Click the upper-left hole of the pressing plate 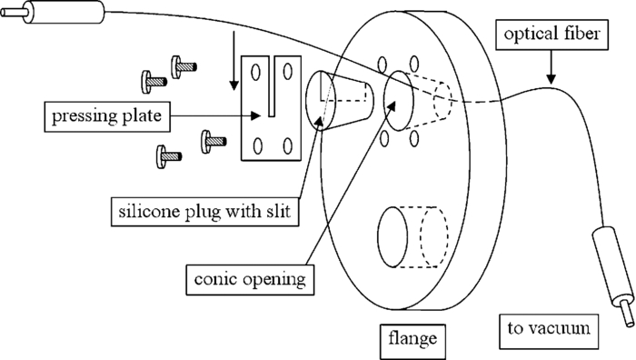[256, 71]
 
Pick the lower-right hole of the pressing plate [288, 145]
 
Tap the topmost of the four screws [182, 65]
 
